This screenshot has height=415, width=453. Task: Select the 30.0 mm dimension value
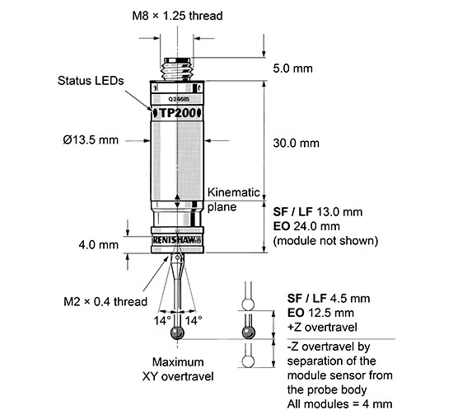295,143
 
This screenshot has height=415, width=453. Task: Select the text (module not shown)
324,241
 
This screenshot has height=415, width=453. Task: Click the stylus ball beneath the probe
178,332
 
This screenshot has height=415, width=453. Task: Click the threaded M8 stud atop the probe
178,66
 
